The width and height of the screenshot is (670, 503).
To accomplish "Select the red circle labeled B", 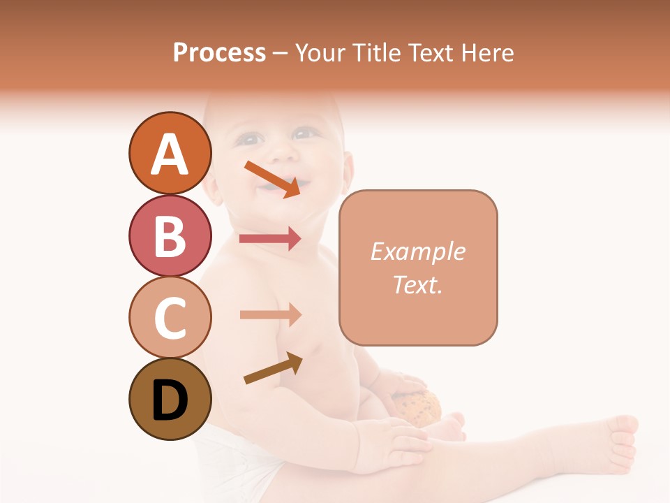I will coord(170,235).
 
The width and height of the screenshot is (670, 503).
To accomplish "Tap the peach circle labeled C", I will coord(170,317).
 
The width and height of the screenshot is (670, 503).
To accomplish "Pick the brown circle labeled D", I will coord(170,399).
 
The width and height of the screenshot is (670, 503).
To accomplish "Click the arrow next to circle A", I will coord(272,178).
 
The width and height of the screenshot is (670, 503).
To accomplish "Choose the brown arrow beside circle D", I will coord(273,368).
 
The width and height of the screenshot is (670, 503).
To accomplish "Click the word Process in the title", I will coord(219,52).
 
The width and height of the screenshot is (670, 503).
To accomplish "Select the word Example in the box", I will coord(417,251).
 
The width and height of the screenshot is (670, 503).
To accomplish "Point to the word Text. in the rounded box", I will coord(417,284).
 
